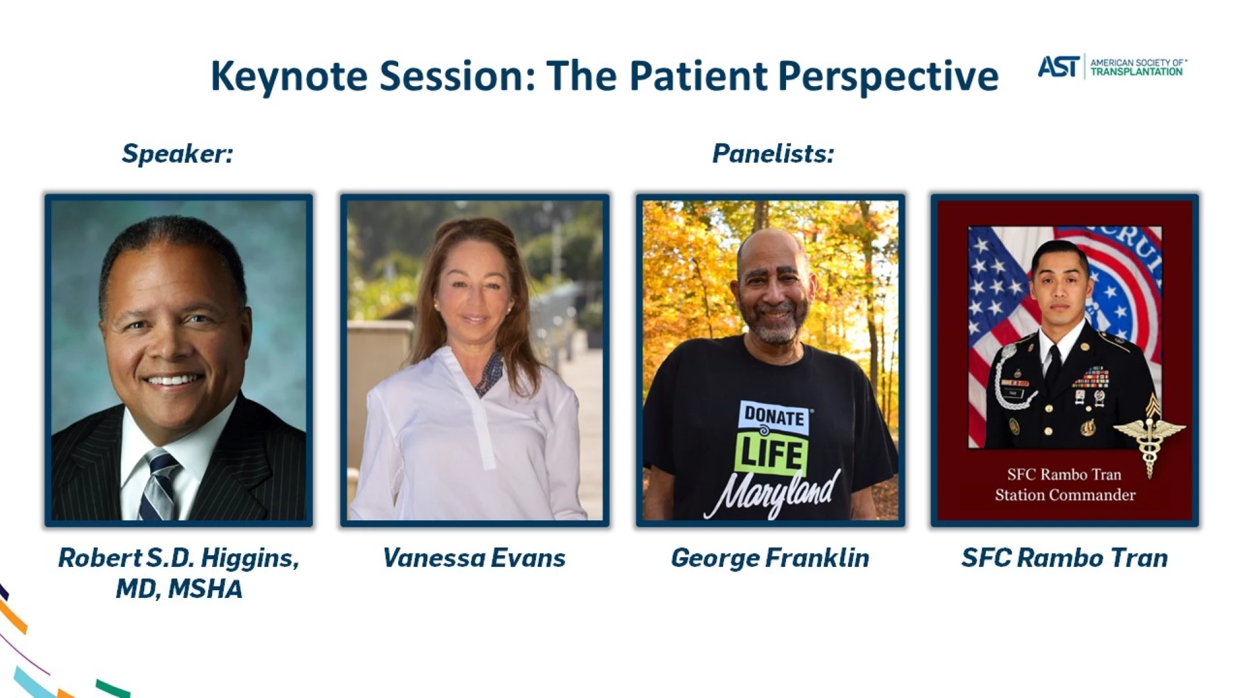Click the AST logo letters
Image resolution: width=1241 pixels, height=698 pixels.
(x=1059, y=66)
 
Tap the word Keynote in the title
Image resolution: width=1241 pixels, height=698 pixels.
(x=289, y=76)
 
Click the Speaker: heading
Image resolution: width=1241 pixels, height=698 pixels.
(x=177, y=154)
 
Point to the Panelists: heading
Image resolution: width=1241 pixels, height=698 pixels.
(x=773, y=153)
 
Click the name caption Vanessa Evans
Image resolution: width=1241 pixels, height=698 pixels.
(x=474, y=558)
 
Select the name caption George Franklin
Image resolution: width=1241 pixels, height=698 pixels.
(x=770, y=558)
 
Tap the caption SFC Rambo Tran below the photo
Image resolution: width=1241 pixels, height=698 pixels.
(x=1065, y=558)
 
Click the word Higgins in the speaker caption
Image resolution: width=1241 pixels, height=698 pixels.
(x=249, y=558)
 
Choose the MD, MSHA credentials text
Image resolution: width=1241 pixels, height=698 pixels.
(x=179, y=589)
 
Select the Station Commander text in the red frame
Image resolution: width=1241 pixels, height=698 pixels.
(x=1065, y=495)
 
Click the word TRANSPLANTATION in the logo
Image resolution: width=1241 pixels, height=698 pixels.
(x=1136, y=72)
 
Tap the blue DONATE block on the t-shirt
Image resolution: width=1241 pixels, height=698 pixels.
(x=774, y=416)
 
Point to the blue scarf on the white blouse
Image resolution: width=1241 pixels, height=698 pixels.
(x=490, y=373)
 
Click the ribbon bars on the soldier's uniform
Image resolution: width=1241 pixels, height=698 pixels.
(x=1092, y=376)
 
